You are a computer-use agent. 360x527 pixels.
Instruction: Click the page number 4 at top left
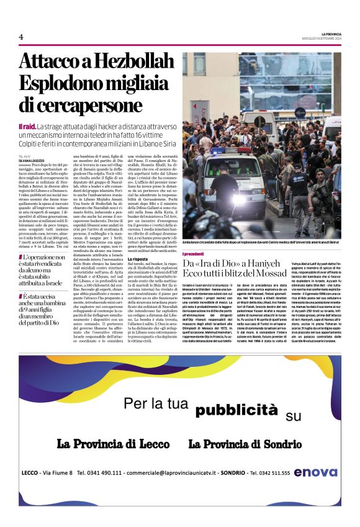[21, 37]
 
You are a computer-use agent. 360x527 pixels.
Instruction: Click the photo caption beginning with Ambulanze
[261, 241]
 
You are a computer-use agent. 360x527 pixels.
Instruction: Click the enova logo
[316, 472]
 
